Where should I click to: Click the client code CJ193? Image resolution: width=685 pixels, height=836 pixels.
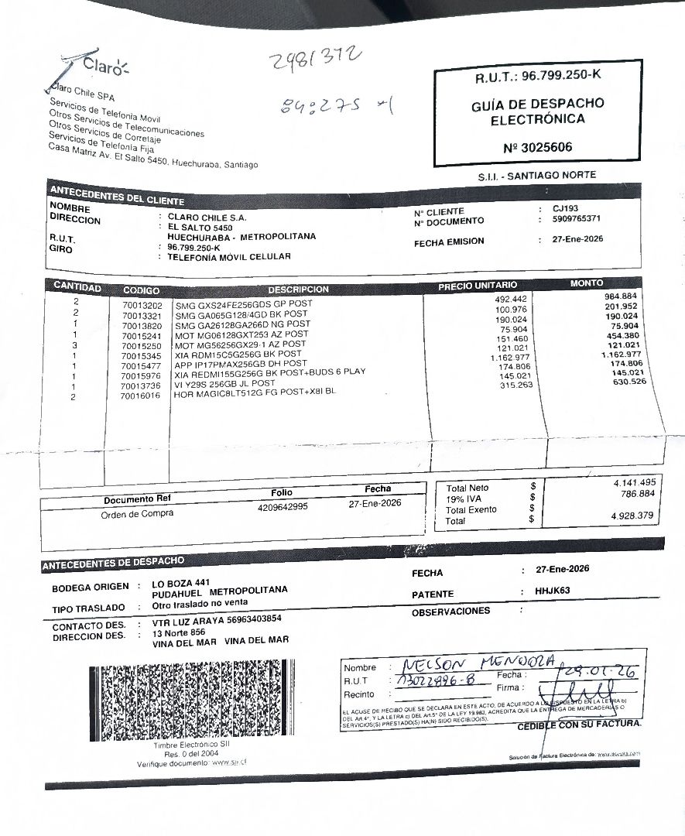566,209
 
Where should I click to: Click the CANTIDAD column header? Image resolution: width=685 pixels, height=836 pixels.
77,287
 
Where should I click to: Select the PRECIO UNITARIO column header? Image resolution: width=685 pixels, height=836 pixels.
478,286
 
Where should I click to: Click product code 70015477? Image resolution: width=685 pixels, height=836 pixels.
141,365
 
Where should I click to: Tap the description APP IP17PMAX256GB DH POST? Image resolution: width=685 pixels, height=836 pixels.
241,363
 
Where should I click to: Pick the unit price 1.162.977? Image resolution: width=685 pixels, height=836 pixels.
508,358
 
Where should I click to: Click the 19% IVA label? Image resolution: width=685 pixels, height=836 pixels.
465,499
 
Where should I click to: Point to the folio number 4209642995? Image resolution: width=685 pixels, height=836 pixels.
283,507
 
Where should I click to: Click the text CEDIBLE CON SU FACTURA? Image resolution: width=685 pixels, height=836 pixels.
579,725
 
